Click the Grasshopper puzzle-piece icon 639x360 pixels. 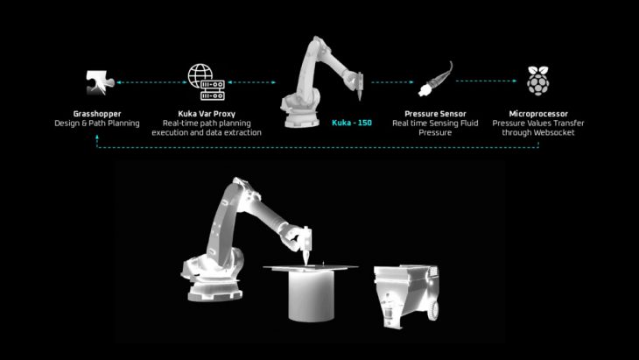[x=100, y=82]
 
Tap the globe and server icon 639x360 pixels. [x=207, y=82]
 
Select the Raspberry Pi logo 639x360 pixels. [x=538, y=81]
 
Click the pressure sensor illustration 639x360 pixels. [x=435, y=80]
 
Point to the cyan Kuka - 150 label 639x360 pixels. [x=352, y=123]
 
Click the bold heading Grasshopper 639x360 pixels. [x=97, y=114]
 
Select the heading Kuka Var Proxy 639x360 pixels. [x=207, y=114]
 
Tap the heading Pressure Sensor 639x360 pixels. [x=435, y=114]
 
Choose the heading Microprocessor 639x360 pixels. [x=538, y=114]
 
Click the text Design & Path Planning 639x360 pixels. [x=97, y=124]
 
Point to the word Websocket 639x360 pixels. [x=555, y=132]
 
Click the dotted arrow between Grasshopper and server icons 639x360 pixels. [x=151, y=82]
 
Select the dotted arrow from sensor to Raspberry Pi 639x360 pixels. [x=486, y=81]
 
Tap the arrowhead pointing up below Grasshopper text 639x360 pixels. [x=97, y=137]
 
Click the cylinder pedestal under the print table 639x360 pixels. [x=312, y=295]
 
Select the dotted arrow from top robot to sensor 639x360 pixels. [x=392, y=82]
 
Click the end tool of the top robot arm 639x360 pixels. [x=360, y=87]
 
